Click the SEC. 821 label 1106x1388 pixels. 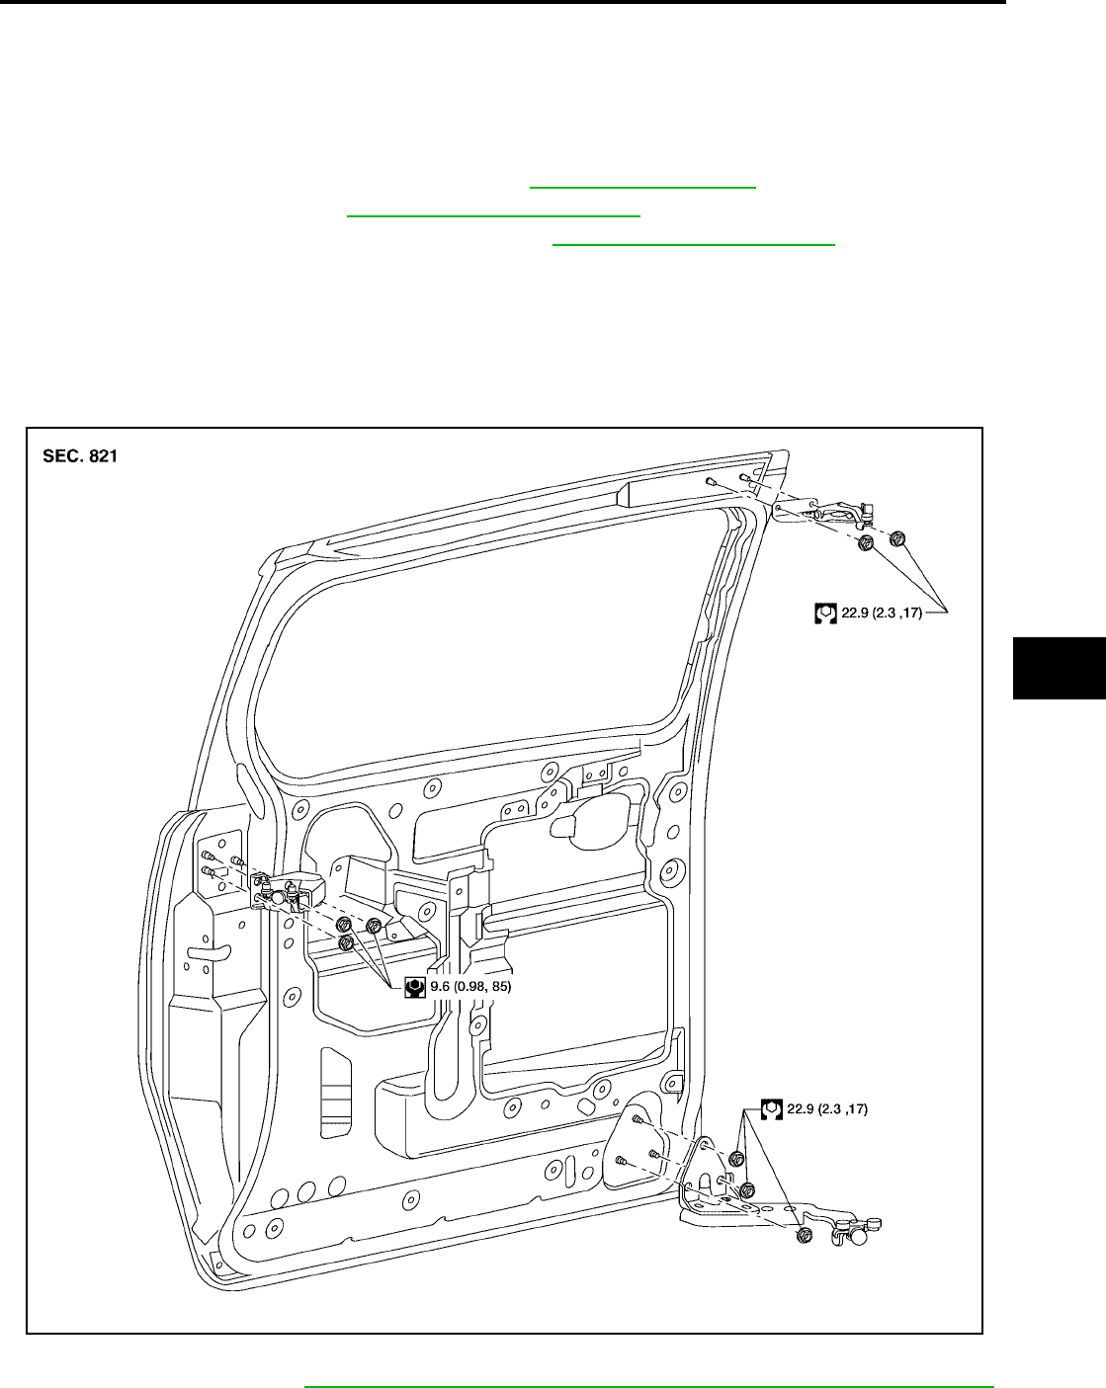[80, 457]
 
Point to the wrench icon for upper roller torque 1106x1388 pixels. [825, 612]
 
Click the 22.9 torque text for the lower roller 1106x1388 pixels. [827, 1108]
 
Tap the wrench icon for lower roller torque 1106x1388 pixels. [772, 1108]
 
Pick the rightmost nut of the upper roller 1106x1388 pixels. [897, 538]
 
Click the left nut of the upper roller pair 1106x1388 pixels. [866, 543]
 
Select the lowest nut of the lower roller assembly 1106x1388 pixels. [804, 1234]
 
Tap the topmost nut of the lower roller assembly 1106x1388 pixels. [736, 1158]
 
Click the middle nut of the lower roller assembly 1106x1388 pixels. [748, 1189]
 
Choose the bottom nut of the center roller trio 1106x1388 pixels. [346, 944]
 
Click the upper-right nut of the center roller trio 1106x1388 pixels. [374, 926]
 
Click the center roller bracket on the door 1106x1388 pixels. [287, 893]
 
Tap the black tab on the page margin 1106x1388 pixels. [1059, 668]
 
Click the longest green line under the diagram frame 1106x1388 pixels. [648, 1387]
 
